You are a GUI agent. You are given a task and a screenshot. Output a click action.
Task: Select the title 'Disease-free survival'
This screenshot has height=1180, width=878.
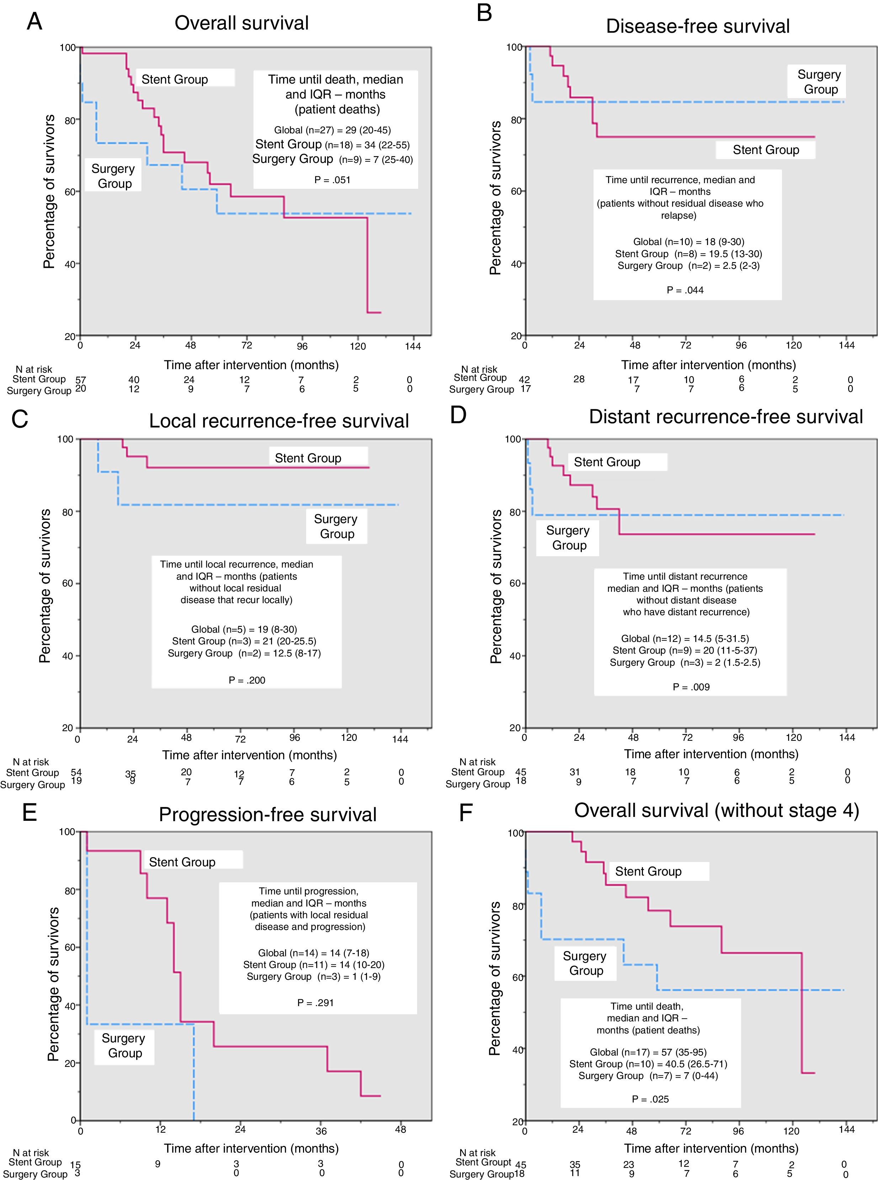coord(697,26)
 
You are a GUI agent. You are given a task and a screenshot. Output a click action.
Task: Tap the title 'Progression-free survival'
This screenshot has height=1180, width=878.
coord(267,814)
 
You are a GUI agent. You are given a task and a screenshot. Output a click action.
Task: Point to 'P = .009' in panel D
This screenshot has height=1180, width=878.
coord(691,687)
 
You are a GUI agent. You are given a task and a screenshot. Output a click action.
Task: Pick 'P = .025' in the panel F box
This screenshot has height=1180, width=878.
coord(650,1099)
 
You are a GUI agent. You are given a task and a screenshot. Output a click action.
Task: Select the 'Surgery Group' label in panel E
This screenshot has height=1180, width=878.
coord(124,1046)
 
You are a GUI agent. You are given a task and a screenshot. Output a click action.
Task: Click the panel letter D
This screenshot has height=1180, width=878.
coord(458,415)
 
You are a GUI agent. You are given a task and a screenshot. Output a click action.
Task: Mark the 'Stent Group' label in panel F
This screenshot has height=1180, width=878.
coord(648,871)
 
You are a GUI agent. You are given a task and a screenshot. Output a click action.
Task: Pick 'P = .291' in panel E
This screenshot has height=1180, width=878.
coord(315,1003)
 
